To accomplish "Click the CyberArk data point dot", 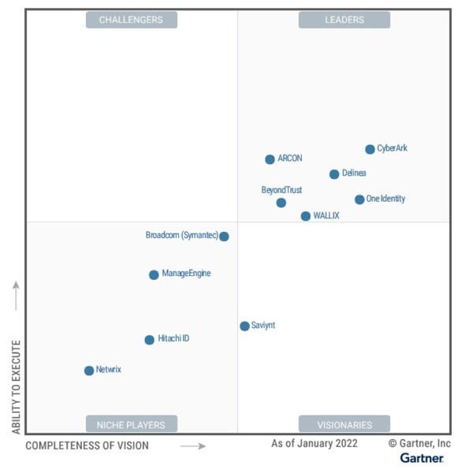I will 370,149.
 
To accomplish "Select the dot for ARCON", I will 270,159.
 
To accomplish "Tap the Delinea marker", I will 334,174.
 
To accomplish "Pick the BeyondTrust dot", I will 281,203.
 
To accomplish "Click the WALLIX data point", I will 305,216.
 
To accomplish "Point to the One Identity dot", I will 359,199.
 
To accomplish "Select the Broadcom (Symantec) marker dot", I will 224,236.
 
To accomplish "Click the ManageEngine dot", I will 154,275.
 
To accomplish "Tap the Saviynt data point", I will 244,326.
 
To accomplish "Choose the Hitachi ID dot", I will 149,340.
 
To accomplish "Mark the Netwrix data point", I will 89,371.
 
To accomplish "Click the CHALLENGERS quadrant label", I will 131,20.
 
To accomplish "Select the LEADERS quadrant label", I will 345,20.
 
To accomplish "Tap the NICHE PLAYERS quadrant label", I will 131,425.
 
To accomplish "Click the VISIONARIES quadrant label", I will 345,425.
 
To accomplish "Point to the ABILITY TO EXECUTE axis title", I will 16,386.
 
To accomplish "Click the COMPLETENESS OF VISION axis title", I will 87,446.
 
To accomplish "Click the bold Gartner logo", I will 422,458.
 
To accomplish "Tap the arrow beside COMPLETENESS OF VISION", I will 193,446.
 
